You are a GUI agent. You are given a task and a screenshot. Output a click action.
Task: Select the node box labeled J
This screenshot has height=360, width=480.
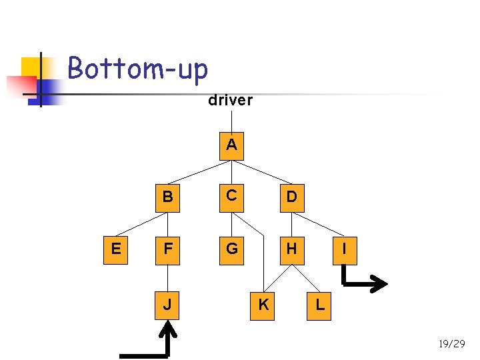tap(168, 305)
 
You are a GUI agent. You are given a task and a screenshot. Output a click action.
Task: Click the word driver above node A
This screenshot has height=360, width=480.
tap(230, 101)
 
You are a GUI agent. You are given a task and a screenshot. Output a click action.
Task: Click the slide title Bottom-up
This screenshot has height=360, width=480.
tap(138, 68)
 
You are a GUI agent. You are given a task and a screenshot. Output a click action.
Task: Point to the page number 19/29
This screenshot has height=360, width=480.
tap(451, 344)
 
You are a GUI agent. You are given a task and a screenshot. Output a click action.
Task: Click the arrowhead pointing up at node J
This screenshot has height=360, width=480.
tap(169, 329)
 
